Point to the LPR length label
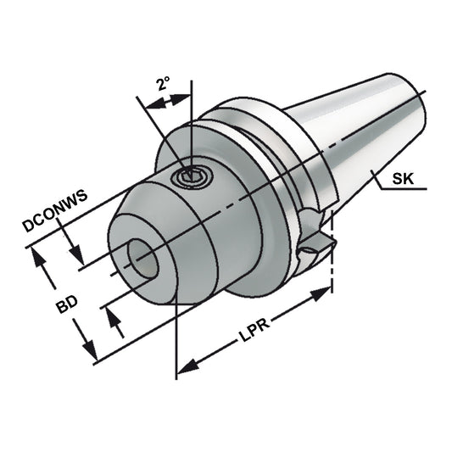pyautogui.click(x=253, y=342)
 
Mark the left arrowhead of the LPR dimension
pyautogui.click(x=186, y=366)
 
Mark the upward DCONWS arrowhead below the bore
pyautogui.click(x=111, y=318)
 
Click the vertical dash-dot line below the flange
pyautogui.click(x=332, y=271)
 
